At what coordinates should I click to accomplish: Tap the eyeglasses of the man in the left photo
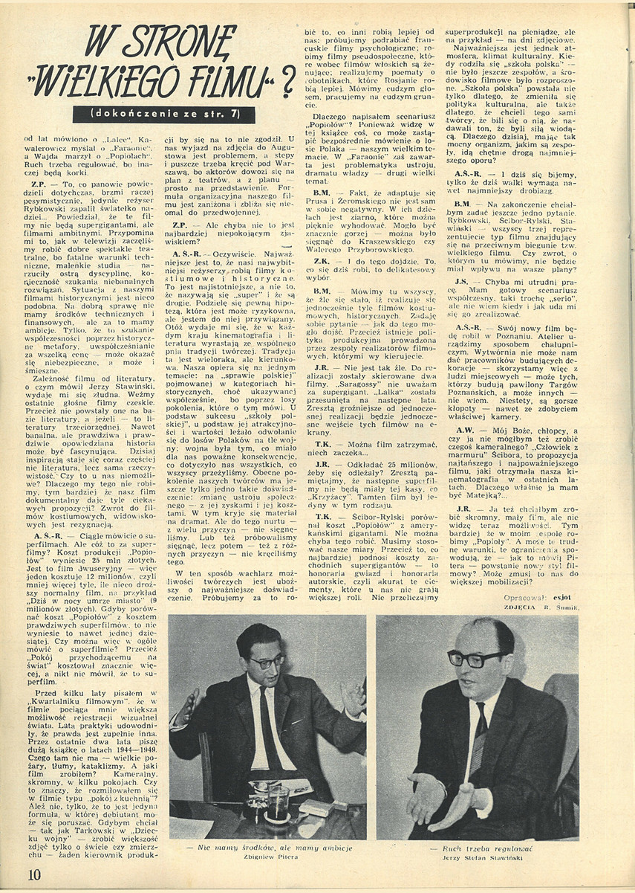(x=266, y=660)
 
